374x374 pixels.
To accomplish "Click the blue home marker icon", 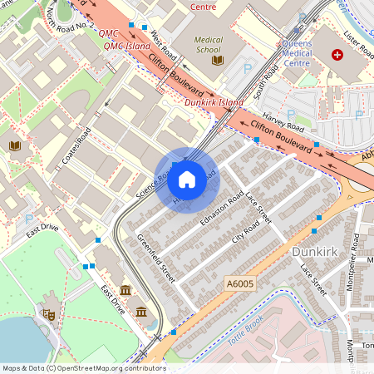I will click(187, 179).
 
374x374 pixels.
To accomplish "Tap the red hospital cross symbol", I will click(337, 55).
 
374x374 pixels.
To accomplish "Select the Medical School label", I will click(209, 44).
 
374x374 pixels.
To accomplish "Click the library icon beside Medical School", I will click(218, 60).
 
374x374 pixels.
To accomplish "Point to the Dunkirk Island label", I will click(214, 102).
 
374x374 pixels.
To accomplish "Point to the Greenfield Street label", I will click(156, 258).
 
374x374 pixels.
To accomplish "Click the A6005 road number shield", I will click(239, 284).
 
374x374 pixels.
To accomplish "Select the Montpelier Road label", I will click(355, 253).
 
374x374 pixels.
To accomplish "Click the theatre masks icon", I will click(49, 315).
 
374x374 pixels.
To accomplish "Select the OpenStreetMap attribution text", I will click(83, 368).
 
